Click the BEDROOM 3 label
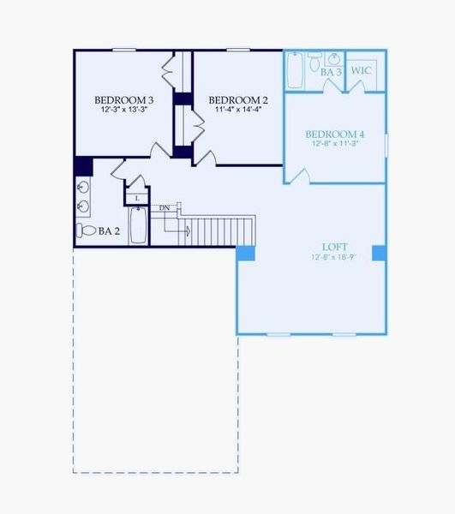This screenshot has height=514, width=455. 124,99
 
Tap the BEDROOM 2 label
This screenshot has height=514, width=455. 233,99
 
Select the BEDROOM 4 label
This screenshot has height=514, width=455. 336,134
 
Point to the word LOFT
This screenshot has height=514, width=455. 334,246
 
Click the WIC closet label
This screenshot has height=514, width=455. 362,70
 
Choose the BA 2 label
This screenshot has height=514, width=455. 109,230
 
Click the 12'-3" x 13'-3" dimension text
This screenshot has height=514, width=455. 124,110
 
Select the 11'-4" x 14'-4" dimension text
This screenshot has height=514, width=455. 233,110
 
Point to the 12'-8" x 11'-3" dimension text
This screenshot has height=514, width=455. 336,144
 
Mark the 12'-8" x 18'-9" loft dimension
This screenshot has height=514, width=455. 334,256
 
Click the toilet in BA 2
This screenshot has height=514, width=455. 86,230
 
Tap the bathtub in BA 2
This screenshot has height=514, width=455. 138,225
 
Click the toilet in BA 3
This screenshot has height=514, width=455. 314,62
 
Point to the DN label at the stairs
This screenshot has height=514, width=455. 165,207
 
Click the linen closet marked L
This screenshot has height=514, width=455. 137,198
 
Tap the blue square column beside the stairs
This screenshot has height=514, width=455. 245,254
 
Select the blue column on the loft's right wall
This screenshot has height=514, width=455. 378,253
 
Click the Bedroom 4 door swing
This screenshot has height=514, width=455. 297,176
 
